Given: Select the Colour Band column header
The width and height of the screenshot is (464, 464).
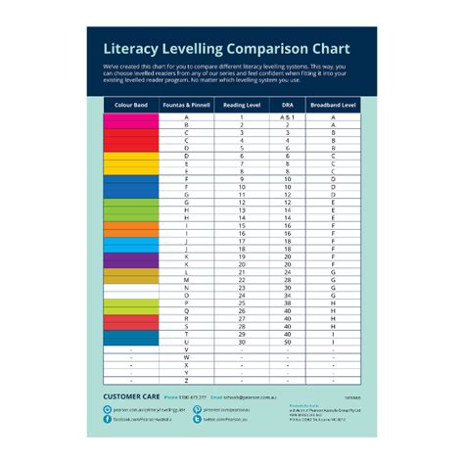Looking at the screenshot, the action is click(130, 103).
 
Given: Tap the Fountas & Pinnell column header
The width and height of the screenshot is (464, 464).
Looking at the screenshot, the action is click(186, 103).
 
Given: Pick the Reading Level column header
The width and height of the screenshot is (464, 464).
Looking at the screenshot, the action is click(242, 103).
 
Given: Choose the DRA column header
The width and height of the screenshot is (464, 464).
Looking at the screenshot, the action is click(288, 103).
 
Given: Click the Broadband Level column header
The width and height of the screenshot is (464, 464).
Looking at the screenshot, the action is click(333, 103).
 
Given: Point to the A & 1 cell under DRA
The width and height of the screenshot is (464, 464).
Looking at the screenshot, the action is click(288, 117).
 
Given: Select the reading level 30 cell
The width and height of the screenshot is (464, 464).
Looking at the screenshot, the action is click(242, 341).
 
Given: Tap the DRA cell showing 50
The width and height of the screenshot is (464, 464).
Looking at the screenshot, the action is click(288, 341).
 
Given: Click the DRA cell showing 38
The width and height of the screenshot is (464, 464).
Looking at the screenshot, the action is click(288, 302).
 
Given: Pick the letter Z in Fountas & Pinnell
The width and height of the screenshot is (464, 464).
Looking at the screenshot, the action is click(186, 380).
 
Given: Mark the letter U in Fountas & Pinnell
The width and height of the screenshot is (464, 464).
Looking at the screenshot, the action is click(186, 341).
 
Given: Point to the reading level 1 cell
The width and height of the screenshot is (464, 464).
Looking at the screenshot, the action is click(242, 117).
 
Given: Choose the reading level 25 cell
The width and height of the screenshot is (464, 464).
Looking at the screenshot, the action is click(242, 302).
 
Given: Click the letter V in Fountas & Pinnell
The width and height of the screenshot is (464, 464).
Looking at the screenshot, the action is click(186, 349).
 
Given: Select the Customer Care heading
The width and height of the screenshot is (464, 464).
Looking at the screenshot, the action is click(131, 396).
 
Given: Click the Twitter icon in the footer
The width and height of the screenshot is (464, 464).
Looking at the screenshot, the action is click(197, 419).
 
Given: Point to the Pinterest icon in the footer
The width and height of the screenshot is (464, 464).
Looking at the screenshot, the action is click(197, 409).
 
